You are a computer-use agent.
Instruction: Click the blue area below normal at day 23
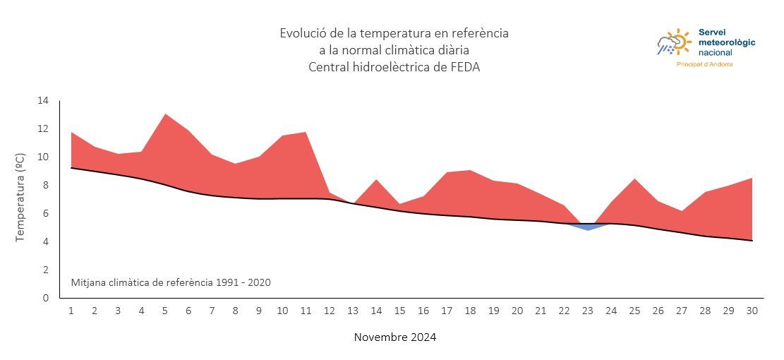(x=588, y=227)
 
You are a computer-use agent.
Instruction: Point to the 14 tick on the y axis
(x=43, y=101)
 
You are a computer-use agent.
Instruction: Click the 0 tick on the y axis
(x=46, y=298)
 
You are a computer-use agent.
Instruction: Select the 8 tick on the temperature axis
(x=46, y=186)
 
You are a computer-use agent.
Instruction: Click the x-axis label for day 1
(x=71, y=311)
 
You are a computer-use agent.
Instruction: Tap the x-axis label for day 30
(x=752, y=311)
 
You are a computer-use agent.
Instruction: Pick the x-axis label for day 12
(x=330, y=311)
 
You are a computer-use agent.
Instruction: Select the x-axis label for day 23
(x=588, y=311)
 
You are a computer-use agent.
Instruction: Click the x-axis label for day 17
(x=447, y=311)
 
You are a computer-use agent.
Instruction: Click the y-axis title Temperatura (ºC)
(x=20, y=198)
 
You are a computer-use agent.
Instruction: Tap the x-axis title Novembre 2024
(x=394, y=337)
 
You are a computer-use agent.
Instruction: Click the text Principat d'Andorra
(x=704, y=64)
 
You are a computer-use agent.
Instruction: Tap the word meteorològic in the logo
(x=726, y=42)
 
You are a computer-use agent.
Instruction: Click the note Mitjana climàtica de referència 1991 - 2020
(x=171, y=282)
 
